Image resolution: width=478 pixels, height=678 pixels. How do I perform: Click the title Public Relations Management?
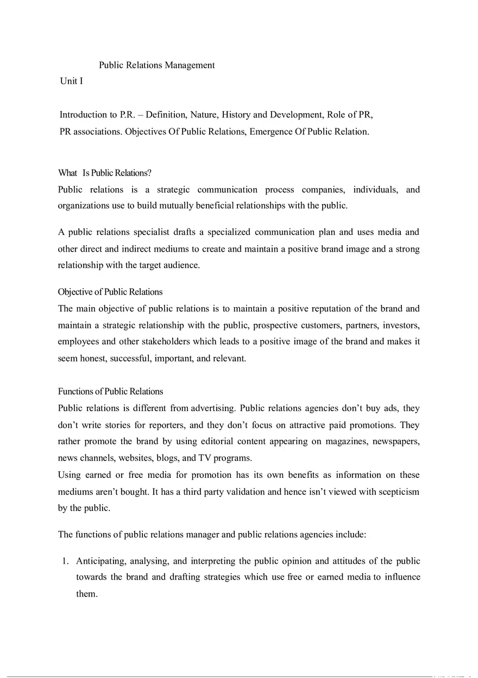point(156,65)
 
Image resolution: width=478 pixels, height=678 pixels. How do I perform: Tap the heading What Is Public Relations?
point(104,173)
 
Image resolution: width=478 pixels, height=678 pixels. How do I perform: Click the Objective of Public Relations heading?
point(110,292)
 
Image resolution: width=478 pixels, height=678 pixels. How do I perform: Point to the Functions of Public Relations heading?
point(110,391)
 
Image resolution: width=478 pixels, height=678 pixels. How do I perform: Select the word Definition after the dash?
point(165,115)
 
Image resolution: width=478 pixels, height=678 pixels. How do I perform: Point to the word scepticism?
point(398,492)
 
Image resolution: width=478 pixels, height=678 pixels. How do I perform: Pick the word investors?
point(401,325)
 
